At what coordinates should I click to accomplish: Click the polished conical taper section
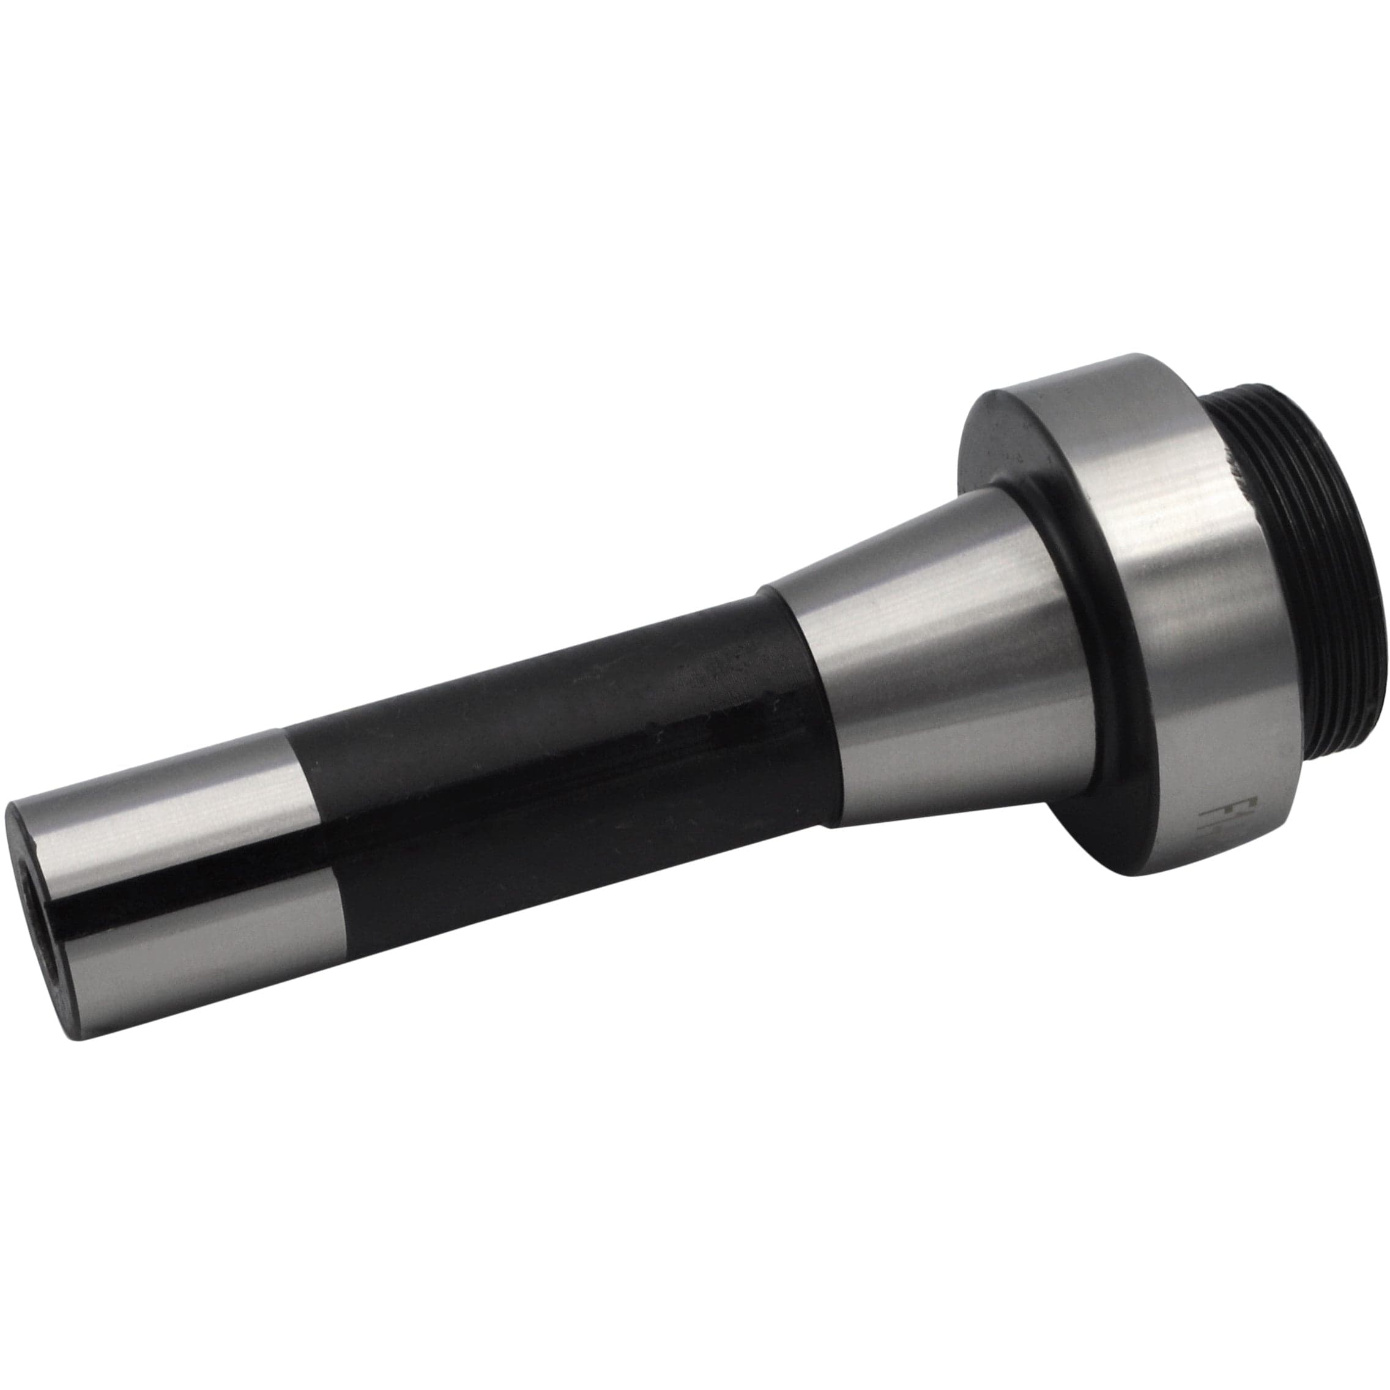point(935,647)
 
